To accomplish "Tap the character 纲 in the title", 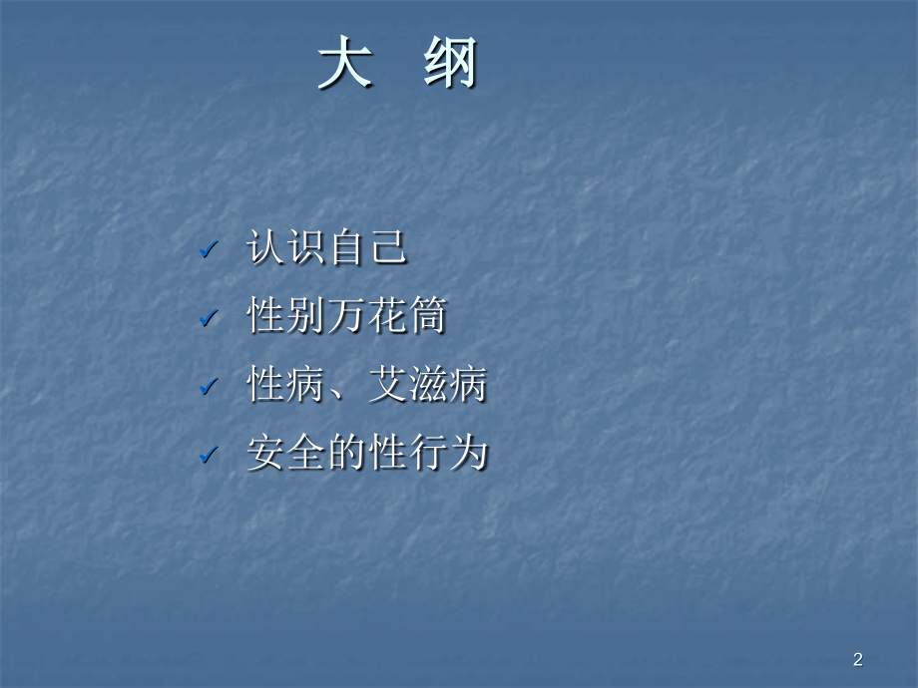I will pos(451,67).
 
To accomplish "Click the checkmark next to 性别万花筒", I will pos(208,319).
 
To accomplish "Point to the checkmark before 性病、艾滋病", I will pos(208,387).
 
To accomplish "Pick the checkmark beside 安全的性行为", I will pos(208,456).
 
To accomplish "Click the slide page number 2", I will pos(858,658).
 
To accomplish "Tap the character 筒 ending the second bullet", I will pos(427,317).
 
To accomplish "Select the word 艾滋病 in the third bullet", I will pos(427,386).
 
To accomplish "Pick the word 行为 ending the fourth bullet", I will pos(447,455).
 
